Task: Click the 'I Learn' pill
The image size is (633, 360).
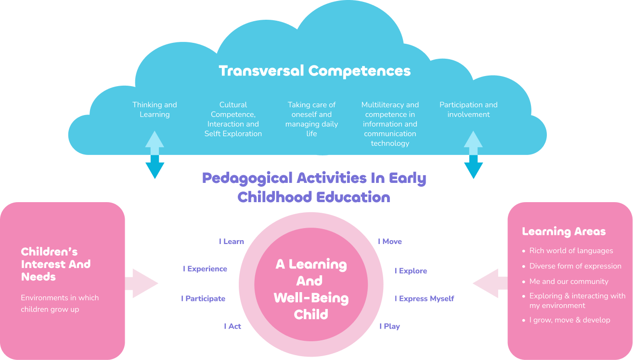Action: pyautogui.click(x=232, y=242)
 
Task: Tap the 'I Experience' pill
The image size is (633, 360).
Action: pyautogui.click(x=205, y=269)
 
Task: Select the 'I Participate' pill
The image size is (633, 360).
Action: pyautogui.click(x=203, y=299)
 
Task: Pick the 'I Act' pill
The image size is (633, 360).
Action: pyautogui.click(x=233, y=326)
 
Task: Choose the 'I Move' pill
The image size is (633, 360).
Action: pyautogui.click(x=390, y=242)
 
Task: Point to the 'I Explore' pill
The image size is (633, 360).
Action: pyautogui.click(x=411, y=271)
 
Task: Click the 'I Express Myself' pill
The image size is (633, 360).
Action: pyautogui.click(x=424, y=299)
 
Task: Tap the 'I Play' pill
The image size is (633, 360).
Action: pyautogui.click(x=389, y=326)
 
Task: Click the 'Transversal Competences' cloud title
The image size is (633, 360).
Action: pyautogui.click(x=315, y=71)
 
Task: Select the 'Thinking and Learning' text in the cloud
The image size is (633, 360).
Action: pyautogui.click(x=155, y=110)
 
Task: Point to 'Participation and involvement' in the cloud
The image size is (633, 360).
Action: pyautogui.click(x=468, y=110)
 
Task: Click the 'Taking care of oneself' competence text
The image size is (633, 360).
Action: pyautogui.click(x=311, y=119)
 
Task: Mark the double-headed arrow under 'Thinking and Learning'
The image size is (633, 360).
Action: pyautogui.click(x=155, y=154)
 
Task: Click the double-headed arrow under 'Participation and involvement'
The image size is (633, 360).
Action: pyautogui.click(x=473, y=154)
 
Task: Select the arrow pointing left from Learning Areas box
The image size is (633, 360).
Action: pyautogui.click(x=490, y=283)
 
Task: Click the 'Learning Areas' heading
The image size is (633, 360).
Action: pyautogui.click(x=564, y=231)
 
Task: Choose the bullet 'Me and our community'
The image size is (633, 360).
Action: pyautogui.click(x=568, y=282)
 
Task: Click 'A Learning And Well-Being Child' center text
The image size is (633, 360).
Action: pyautogui.click(x=311, y=289)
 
